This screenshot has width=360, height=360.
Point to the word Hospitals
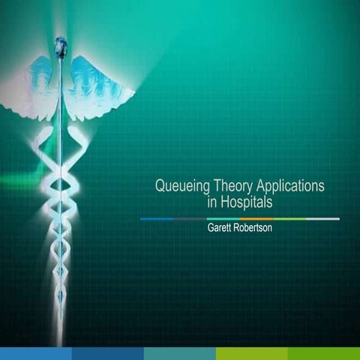pyautogui.click(x=247, y=202)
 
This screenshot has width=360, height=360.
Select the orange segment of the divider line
pyautogui.click(x=256, y=218)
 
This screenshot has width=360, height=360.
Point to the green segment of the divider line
pyautogui.click(x=289, y=218)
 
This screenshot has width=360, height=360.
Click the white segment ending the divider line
pyautogui.click(x=322, y=218)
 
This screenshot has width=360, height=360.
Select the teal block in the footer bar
pyautogui.click(x=180, y=353)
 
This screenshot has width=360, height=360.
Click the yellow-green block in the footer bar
pyautogui.click(x=252, y=353)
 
